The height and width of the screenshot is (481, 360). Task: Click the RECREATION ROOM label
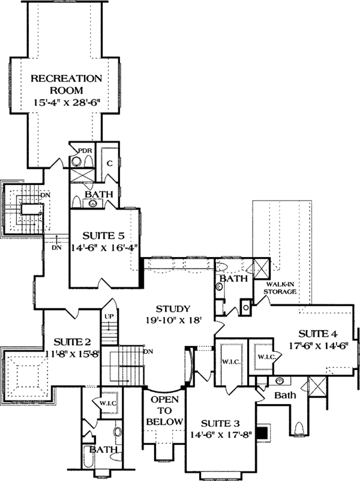[x=66, y=85]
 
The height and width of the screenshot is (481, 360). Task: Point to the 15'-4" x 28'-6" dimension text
[x=66, y=103]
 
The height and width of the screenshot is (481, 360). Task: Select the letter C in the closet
[x=110, y=163]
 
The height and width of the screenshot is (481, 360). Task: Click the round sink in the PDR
[x=76, y=160]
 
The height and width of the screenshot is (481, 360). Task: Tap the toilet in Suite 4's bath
[x=301, y=429]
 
